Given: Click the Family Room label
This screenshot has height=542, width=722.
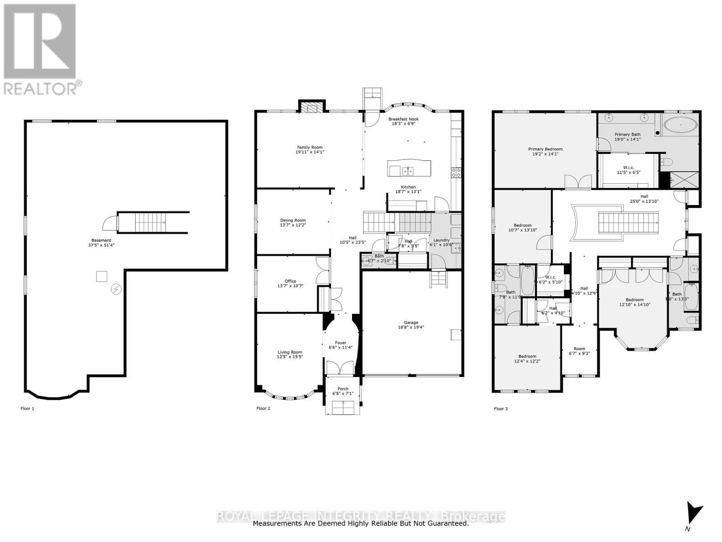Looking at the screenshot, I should [310, 147].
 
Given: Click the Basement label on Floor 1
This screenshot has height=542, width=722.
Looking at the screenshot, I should [101, 240].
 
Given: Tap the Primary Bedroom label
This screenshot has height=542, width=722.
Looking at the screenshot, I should [545, 149].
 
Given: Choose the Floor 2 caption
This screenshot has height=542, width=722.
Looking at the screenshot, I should [263, 408].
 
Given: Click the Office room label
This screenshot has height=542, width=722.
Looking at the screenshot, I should [290, 281].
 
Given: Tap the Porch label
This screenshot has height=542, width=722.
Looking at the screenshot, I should [343, 388].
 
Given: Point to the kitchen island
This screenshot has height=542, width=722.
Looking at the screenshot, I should [409, 168].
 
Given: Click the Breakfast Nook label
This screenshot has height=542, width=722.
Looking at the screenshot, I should [403, 119].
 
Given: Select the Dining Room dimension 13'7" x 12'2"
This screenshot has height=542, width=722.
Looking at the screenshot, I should [293, 225].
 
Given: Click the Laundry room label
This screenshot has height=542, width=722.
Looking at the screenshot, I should [441, 240].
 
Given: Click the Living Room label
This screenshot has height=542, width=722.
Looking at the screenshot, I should [290, 352].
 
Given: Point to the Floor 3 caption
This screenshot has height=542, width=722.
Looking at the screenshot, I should [500, 409].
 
